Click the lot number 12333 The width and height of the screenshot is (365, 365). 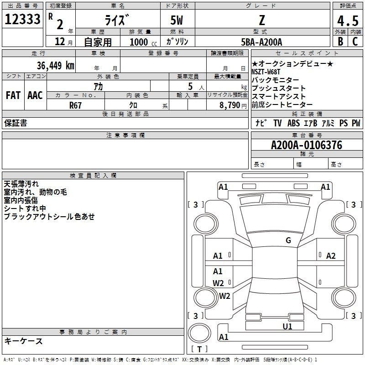22,19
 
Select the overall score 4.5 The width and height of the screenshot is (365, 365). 348,21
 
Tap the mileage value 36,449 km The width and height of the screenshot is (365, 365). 56,65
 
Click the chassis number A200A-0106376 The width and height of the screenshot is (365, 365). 307,145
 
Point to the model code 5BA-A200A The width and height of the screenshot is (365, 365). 261,42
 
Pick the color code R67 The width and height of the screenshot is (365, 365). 75,105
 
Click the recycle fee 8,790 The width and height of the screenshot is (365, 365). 230,105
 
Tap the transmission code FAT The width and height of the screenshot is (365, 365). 13,95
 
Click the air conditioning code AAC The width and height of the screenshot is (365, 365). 35,95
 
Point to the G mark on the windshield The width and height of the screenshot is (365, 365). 288,240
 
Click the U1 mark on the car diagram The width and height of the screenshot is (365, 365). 287,327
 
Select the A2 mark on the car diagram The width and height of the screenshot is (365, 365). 331,256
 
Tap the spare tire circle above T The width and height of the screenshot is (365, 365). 199,333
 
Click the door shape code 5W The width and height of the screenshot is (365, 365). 177,20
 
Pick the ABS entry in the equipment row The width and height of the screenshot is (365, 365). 293,123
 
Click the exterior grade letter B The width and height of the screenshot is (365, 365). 340,42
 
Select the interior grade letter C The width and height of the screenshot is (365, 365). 355,42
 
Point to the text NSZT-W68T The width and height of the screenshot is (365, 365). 266,72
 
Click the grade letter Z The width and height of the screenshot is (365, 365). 262,20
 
